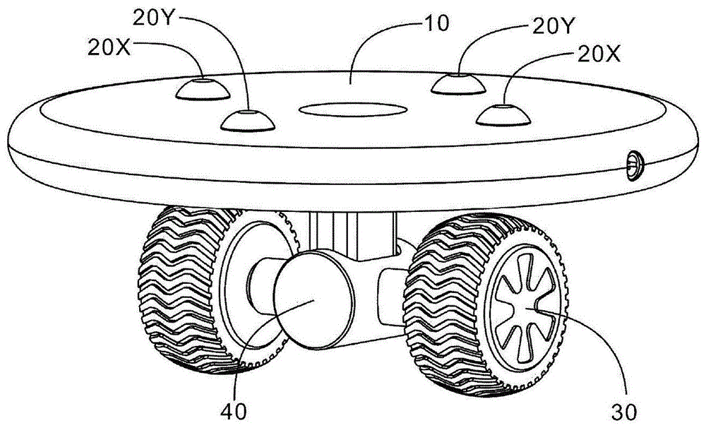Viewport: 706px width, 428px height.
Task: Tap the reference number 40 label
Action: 234,410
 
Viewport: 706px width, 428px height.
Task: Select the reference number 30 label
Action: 623,411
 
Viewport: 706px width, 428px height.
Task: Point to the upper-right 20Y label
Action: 553,27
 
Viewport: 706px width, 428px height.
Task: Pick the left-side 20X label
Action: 109,47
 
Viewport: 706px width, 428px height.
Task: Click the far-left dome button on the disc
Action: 203,89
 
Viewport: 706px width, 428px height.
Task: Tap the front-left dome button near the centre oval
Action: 248,121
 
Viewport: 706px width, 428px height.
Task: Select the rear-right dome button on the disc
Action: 458,84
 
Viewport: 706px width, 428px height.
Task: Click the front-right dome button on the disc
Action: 503,115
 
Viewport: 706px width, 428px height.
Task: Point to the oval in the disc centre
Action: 353,109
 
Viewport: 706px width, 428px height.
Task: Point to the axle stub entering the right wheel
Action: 393,295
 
